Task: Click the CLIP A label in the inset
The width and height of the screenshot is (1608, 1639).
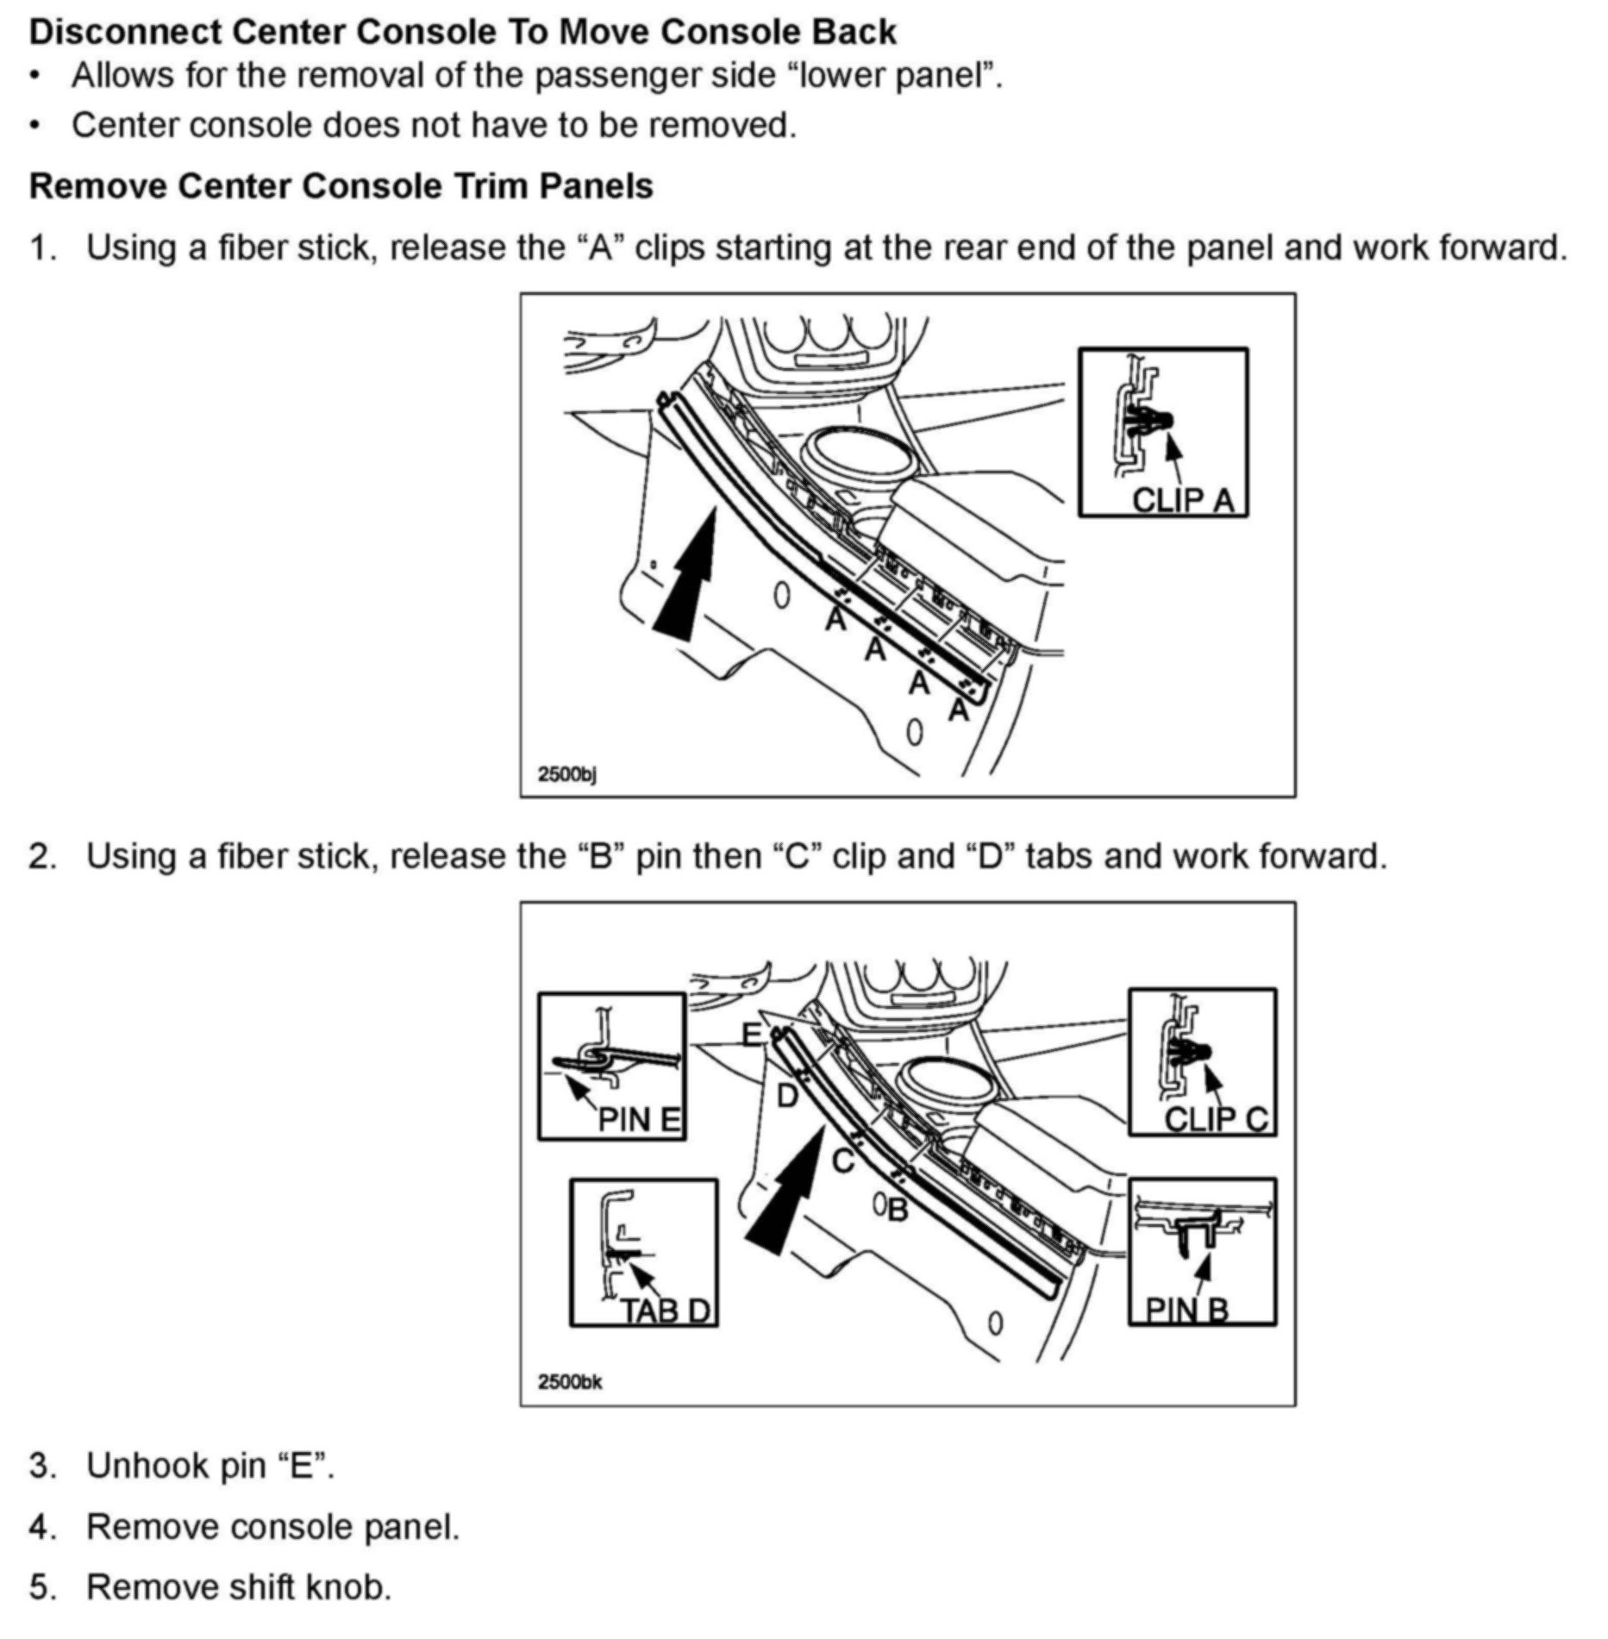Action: (x=1183, y=499)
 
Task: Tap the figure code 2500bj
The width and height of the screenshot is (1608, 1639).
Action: (x=566, y=773)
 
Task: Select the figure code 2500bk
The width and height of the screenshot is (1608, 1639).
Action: (x=570, y=1381)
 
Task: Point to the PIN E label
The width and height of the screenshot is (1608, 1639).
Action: (x=639, y=1120)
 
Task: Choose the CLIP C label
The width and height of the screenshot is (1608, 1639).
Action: (x=1216, y=1119)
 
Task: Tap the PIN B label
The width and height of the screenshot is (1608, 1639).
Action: (x=1186, y=1311)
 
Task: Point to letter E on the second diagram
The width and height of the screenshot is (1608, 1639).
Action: (x=752, y=1034)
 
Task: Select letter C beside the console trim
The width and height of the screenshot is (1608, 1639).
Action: (x=842, y=1160)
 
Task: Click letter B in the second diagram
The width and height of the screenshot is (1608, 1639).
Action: (x=898, y=1210)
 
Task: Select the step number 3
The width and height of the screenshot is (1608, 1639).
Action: (x=41, y=1465)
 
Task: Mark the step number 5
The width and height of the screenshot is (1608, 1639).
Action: (x=41, y=1587)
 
